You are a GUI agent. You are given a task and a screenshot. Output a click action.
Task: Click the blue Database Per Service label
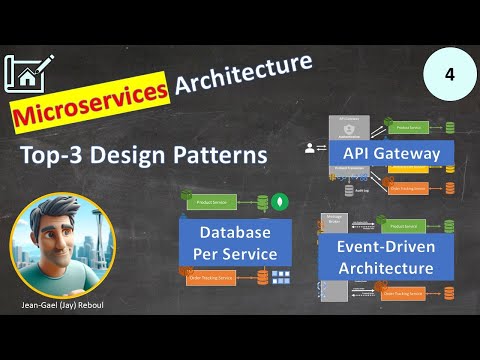coord(235,241)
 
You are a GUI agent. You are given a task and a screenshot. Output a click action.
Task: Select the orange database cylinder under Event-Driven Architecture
coord(448,293)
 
